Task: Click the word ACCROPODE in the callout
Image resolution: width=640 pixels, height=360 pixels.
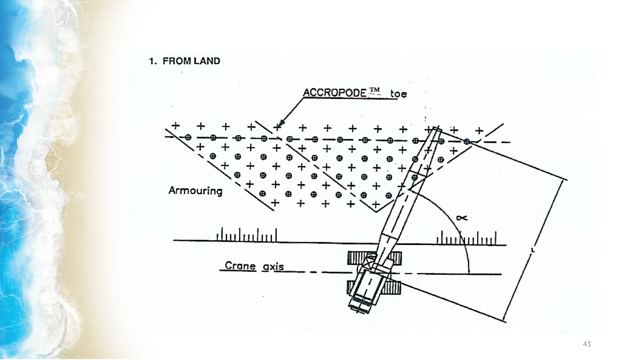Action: pos(335,92)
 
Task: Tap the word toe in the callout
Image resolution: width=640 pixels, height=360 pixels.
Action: pos(398,93)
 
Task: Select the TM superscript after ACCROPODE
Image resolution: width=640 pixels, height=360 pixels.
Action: pos(374,90)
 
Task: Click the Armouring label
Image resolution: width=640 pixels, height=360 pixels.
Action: pos(195,190)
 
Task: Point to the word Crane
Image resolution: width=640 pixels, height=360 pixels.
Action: pos(240,266)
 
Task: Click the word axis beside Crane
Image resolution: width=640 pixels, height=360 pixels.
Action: pos(273,267)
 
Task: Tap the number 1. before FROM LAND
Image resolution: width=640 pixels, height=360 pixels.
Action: pos(153,61)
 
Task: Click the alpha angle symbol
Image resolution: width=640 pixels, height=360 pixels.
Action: pos(462,218)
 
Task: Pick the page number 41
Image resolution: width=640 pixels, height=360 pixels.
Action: pos(587,344)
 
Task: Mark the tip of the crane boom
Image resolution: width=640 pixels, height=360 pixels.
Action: pos(437,129)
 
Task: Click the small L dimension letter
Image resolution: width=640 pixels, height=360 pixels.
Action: pos(533,250)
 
